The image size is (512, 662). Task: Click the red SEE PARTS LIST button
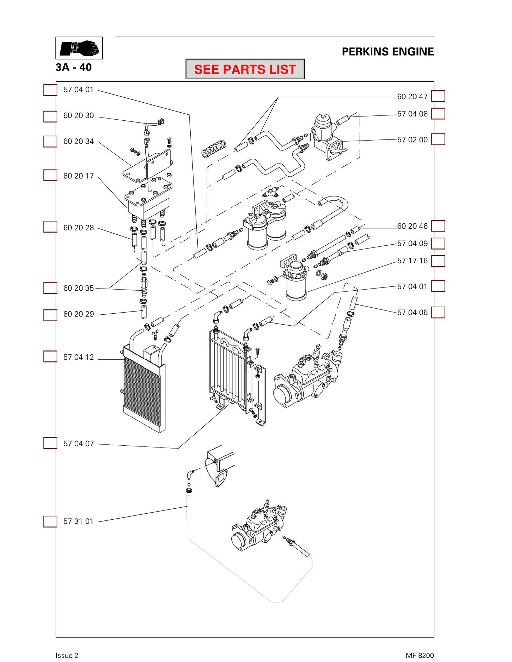[245, 69]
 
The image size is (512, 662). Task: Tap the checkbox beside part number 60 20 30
[50, 116]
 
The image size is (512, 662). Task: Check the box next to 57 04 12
[50, 356]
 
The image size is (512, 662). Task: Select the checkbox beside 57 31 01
[50, 521]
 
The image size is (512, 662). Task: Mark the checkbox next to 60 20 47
[438, 96]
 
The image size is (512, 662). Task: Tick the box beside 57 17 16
[438, 261]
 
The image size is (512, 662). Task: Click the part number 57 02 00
[412, 140]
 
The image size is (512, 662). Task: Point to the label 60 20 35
[79, 288]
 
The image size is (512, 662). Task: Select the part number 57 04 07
[79, 444]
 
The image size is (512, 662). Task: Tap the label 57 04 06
[412, 313]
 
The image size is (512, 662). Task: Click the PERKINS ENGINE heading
[388, 52]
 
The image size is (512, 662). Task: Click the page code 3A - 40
[74, 67]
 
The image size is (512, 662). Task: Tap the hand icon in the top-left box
[79, 48]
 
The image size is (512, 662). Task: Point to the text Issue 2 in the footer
[67, 655]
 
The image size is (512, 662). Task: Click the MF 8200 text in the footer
[420, 655]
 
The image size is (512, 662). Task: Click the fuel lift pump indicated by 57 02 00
[328, 136]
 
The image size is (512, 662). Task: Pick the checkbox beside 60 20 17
[50, 175]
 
